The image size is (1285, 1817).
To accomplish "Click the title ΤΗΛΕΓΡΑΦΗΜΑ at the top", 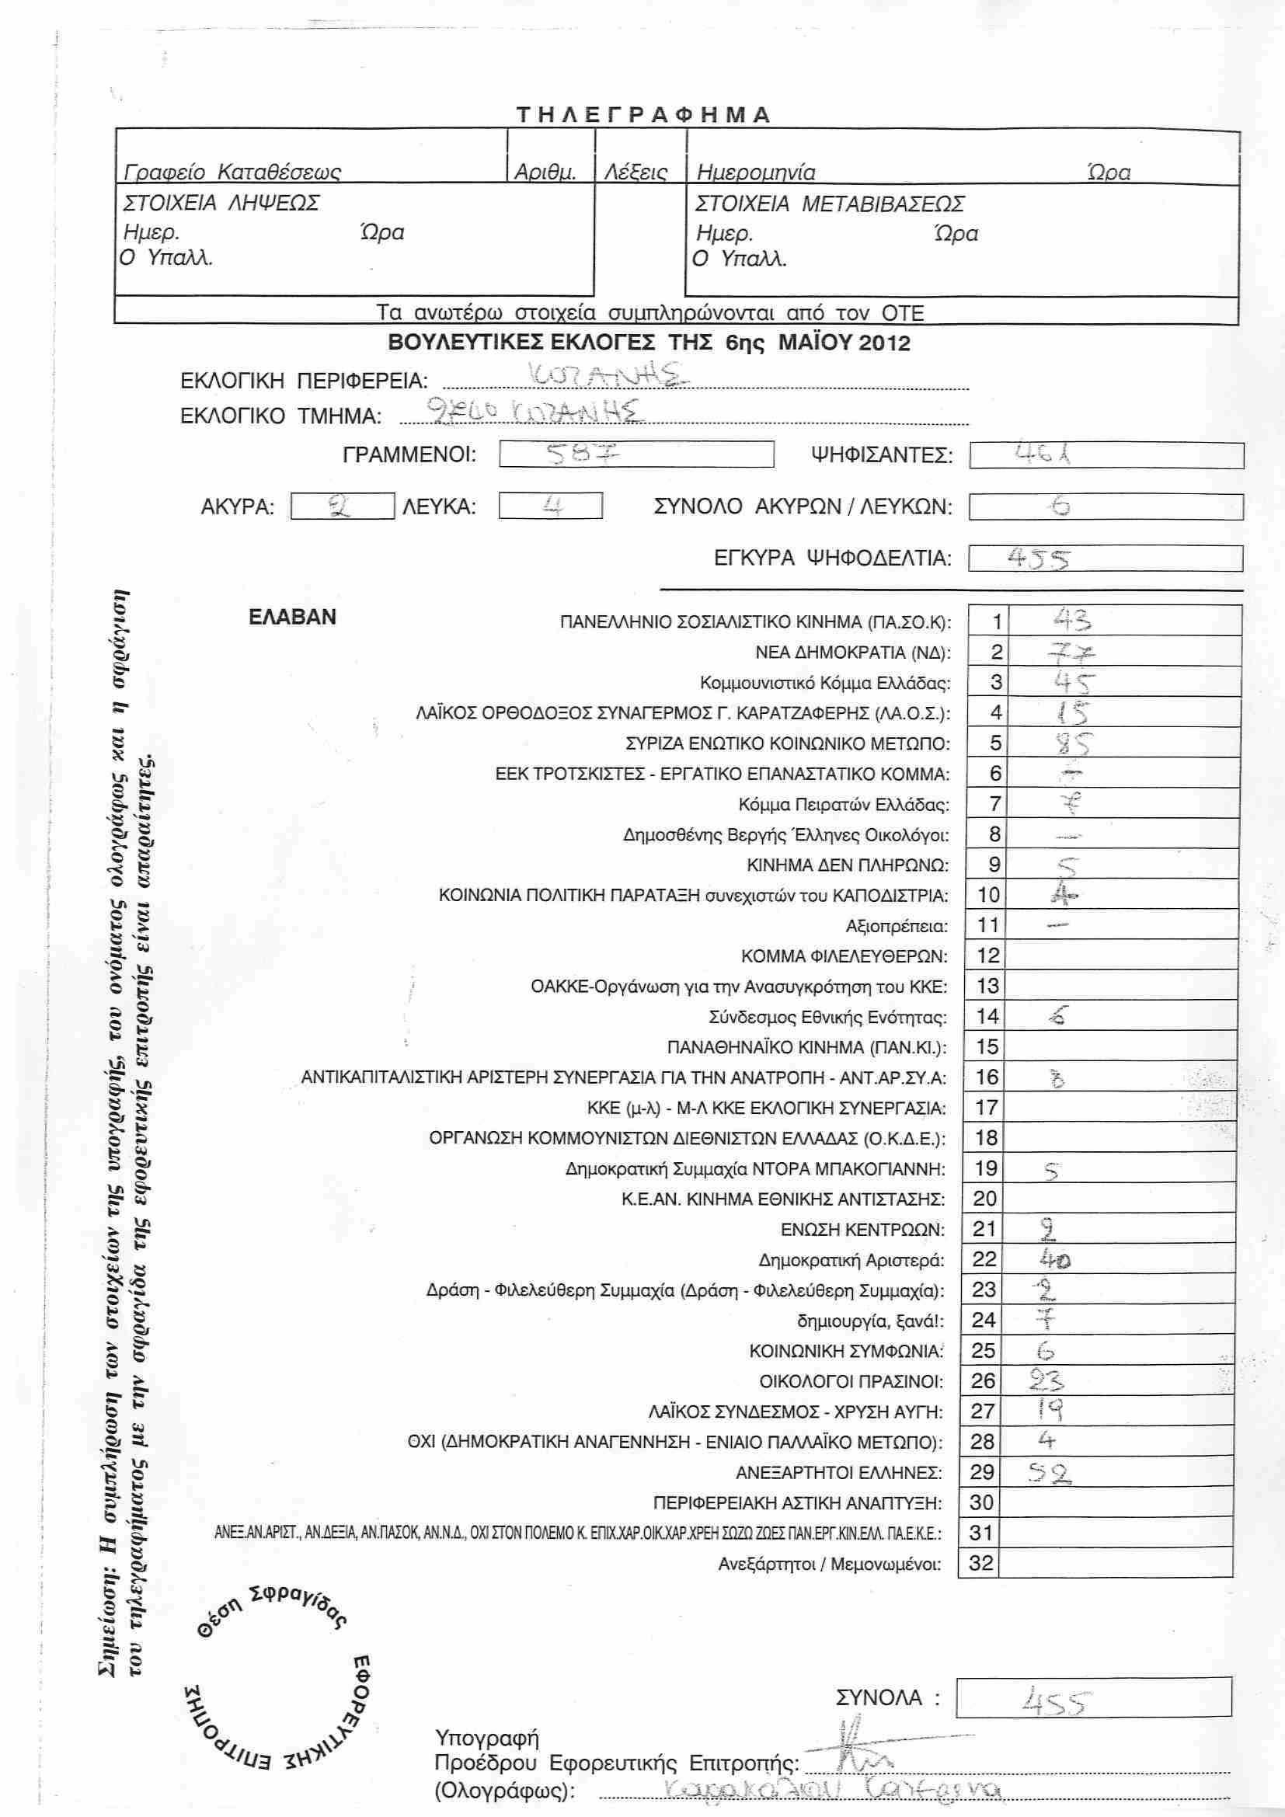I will pyautogui.click(x=642, y=115).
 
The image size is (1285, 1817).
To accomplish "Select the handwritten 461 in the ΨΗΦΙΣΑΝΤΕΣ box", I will pyautogui.click(x=1043, y=454).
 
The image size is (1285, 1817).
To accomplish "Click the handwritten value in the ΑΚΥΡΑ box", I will pyautogui.click(x=340, y=506).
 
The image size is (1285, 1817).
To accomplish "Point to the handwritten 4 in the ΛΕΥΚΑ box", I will pyautogui.click(x=552, y=506).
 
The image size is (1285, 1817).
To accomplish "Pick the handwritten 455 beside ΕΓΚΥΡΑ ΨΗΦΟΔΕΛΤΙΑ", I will pyautogui.click(x=1039, y=559).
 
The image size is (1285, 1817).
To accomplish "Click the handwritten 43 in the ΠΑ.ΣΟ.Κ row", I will pyautogui.click(x=1071, y=620).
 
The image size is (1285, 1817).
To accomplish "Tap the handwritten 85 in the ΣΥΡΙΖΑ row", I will pyautogui.click(x=1072, y=743).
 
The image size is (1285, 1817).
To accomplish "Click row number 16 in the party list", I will pyautogui.click(x=987, y=1077).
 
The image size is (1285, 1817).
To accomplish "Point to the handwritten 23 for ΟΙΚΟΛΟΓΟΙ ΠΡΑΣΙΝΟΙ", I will pyautogui.click(x=1046, y=1381).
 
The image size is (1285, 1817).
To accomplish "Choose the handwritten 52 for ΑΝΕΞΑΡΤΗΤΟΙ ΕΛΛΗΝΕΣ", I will pyautogui.click(x=1049, y=1473).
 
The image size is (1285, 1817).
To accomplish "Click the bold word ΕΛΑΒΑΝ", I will pyautogui.click(x=292, y=618).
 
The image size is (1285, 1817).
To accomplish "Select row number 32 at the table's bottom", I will pyautogui.click(x=980, y=1563).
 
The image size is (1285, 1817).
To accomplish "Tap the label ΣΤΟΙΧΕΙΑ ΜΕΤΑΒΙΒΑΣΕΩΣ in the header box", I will pyautogui.click(x=829, y=204).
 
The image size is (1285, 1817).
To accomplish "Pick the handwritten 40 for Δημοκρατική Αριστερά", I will pyautogui.click(x=1055, y=1259).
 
